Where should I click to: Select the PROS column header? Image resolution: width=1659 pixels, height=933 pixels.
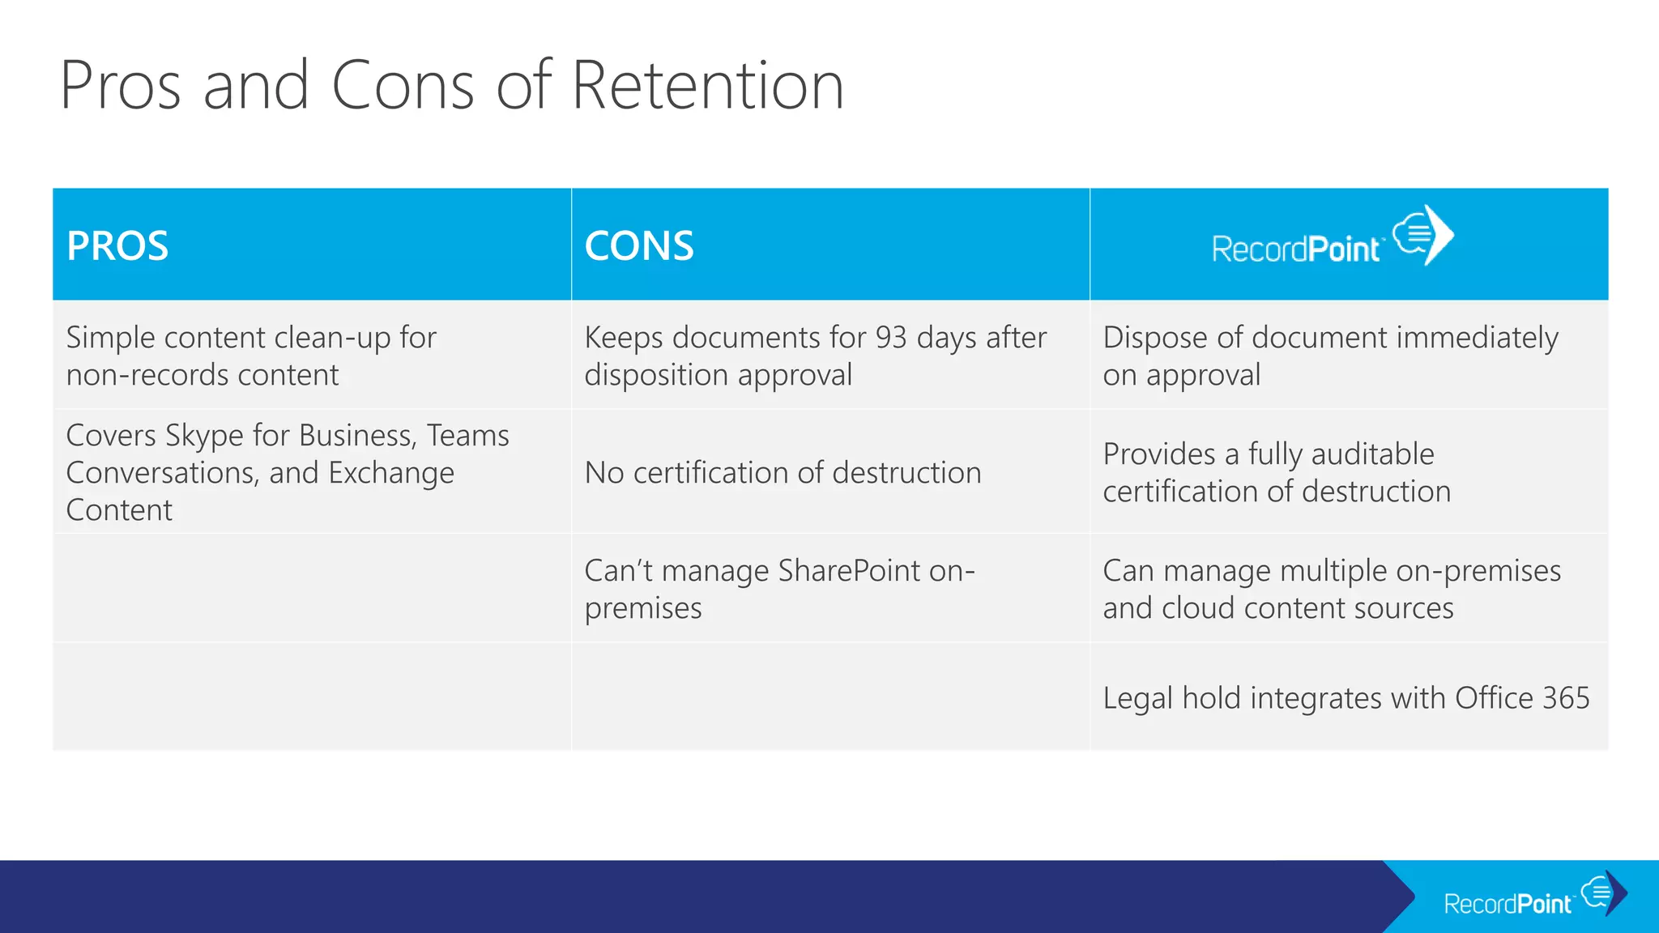pos(117,245)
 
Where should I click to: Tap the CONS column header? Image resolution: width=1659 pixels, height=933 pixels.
pos(639,245)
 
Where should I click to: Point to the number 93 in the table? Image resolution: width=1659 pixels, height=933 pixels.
pos(890,338)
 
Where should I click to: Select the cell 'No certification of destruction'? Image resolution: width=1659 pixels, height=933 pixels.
pos(783,473)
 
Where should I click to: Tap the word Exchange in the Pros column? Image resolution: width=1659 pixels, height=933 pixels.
pos(390,474)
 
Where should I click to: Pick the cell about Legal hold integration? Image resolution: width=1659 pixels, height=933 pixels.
pos(1346,698)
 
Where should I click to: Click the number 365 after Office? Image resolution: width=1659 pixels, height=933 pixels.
pos(1565,698)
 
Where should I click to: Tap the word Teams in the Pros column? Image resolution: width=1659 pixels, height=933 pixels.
pos(467,436)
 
